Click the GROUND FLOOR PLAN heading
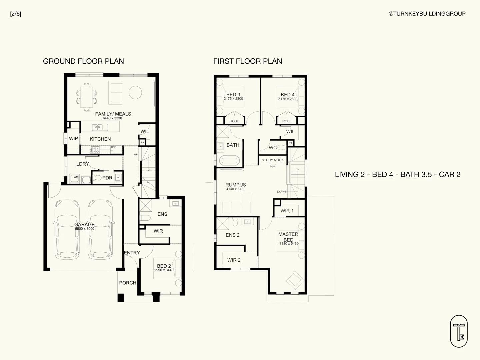pos(83,61)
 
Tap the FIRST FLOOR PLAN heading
pos(248,61)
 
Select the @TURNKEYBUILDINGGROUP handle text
pos(427,14)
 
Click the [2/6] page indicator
pos(16,14)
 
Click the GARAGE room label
pos(84,224)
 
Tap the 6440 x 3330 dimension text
pos(112,118)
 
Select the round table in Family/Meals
pos(135,92)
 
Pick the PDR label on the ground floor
pos(107,178)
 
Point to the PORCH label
pos(128,283)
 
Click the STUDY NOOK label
pos(273,160)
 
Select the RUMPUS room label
pos(236,185)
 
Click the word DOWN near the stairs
pos(281,192)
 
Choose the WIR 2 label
pos(234,260)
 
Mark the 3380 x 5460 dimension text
pos(289,244)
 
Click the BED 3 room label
pos(233,94)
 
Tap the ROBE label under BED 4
pos(287,121)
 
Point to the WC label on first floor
pos(273,148)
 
